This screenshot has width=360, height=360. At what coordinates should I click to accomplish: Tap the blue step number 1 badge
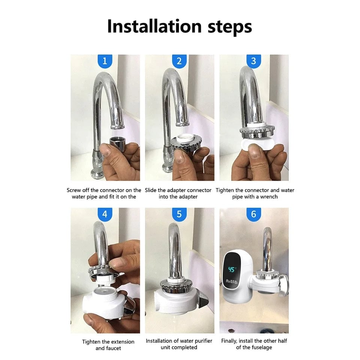[105, 61]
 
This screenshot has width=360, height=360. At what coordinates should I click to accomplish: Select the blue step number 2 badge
[179, 61]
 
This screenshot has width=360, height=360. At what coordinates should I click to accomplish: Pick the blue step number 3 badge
[253, 61]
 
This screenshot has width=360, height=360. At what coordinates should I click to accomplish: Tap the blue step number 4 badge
[105, 214]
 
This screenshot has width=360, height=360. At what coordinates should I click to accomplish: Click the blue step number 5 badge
[179, 214]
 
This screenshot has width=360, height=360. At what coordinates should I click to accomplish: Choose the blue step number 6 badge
[253, 214]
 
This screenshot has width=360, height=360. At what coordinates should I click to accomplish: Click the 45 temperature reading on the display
[232, 270]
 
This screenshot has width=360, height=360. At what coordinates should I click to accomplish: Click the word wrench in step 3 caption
[268, 197]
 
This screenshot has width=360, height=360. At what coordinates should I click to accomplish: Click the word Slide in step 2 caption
[151, 190]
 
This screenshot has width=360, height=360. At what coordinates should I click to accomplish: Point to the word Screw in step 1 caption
[74, 190]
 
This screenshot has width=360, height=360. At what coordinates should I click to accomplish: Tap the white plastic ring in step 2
[186, 138]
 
